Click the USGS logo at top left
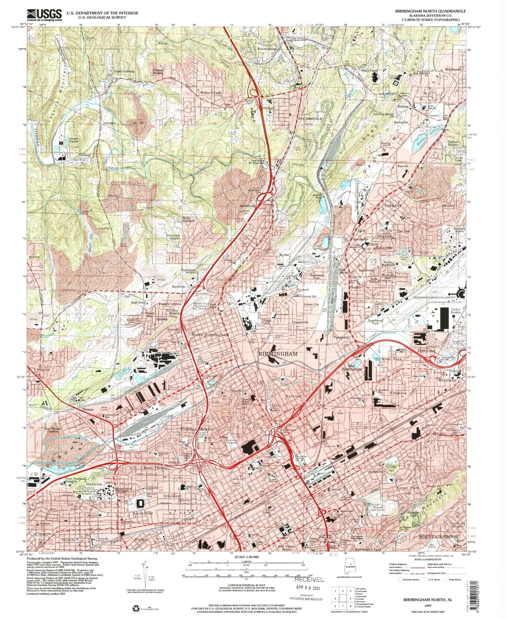pyautogui.click(x=45, y=15)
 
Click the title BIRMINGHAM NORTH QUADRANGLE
pyautogui.click(x=430, y=11)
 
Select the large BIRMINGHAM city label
pyautogui.click(x=278, y=354)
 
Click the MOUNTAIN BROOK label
pyautogui.click(x=438, y=537)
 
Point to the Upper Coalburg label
pyautogui.click(x=124, y=71)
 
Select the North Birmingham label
pyautogui.click(x=210, y=335)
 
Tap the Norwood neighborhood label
pyautogui.click(x=293, y=396)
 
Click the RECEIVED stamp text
pyautogui.click(x=309, y=579)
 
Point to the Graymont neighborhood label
pyautogui.click(x=172, y=496)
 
